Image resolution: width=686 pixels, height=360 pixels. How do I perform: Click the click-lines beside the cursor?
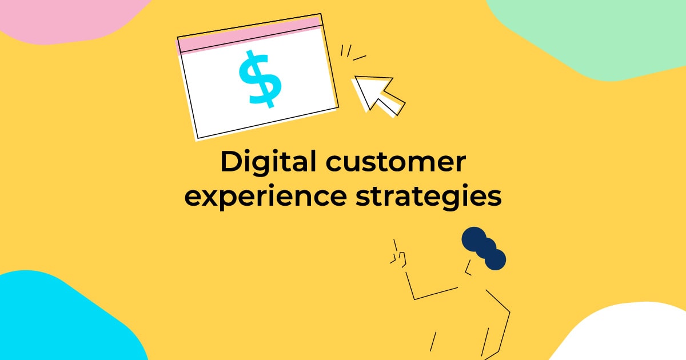[x=350, y=54]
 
